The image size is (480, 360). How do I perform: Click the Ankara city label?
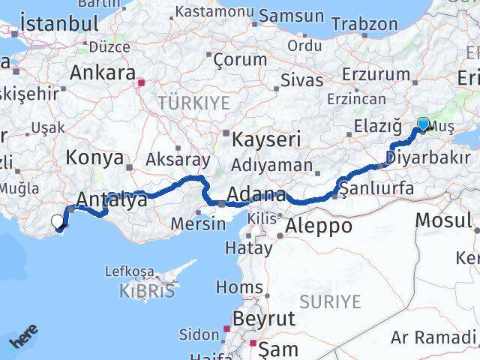(100, 73)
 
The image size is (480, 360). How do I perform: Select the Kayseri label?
(266, 139)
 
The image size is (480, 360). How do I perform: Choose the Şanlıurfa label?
(376, 187)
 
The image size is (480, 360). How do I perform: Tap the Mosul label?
(445, 220)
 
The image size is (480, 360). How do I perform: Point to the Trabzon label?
(364, 23)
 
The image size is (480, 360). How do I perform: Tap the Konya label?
(94, 157)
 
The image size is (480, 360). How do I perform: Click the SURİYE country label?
(330, 301)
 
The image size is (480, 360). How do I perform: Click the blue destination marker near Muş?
(423, 124)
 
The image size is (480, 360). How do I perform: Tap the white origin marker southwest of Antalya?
(58, 220)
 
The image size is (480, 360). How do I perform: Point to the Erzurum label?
(376, 74)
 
